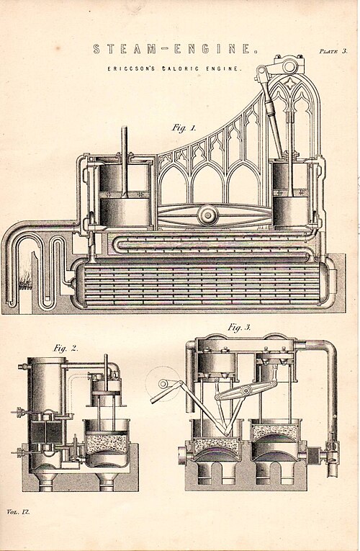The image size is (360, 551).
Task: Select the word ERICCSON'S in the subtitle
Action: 131,69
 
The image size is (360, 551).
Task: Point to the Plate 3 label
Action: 333,51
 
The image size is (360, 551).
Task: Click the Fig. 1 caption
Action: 184,128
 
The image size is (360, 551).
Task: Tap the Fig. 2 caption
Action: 66,349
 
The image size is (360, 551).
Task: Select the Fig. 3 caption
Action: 239,328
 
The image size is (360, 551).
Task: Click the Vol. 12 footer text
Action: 18,511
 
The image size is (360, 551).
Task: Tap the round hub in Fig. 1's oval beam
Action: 208,215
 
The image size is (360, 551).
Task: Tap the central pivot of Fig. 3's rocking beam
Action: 246,391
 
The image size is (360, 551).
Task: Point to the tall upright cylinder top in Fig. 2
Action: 47,361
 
